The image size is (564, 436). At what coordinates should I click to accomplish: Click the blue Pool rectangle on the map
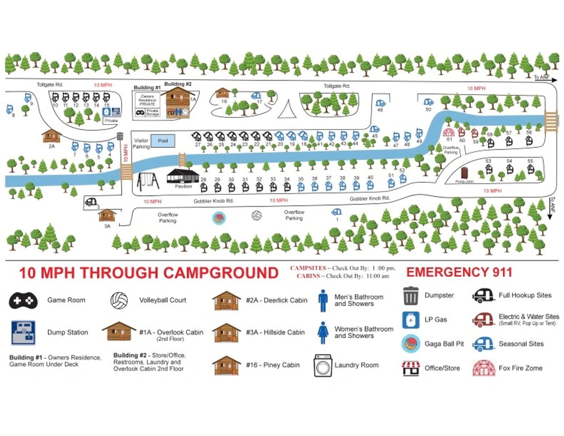162,141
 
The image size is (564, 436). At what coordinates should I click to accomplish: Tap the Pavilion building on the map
183,176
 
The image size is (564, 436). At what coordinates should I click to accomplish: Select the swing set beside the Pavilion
148,181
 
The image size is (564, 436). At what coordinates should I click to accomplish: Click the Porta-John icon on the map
464,173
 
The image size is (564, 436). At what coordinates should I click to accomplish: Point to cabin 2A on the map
51,136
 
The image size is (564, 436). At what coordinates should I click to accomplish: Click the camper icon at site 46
380,103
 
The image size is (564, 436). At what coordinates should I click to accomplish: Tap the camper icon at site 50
428,102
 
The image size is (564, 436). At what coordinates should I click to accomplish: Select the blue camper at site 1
337,212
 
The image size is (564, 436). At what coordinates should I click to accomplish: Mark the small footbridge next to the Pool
182,159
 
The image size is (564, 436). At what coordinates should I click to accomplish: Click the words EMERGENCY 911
459,272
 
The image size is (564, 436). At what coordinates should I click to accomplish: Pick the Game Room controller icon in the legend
23,300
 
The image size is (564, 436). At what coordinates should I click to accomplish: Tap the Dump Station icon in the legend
23,332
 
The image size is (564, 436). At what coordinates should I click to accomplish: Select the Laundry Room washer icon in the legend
322,365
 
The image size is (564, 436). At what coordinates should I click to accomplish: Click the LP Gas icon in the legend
411,320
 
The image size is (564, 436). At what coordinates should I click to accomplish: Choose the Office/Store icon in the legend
411,368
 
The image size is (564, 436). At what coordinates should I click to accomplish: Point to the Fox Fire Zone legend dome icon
483,368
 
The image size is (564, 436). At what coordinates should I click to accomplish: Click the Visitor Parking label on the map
141,143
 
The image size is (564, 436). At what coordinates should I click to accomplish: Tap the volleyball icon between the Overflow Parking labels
257,215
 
